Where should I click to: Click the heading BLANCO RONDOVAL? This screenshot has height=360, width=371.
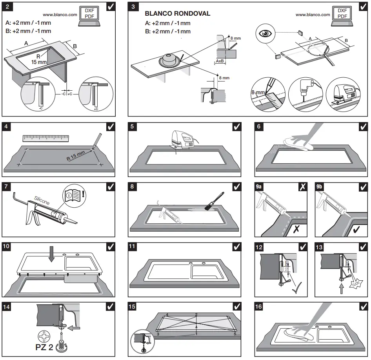click(178, 13)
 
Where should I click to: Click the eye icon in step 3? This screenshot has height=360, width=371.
click(267, 33)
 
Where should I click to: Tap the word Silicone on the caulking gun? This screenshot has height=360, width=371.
click(42, 201)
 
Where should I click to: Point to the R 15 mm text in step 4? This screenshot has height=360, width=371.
click(75, 156)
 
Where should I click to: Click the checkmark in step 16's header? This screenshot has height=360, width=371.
click(363, 306)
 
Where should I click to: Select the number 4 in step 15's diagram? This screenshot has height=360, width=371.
click(167, 315)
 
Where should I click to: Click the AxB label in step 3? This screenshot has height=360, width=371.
click(220, 61)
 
